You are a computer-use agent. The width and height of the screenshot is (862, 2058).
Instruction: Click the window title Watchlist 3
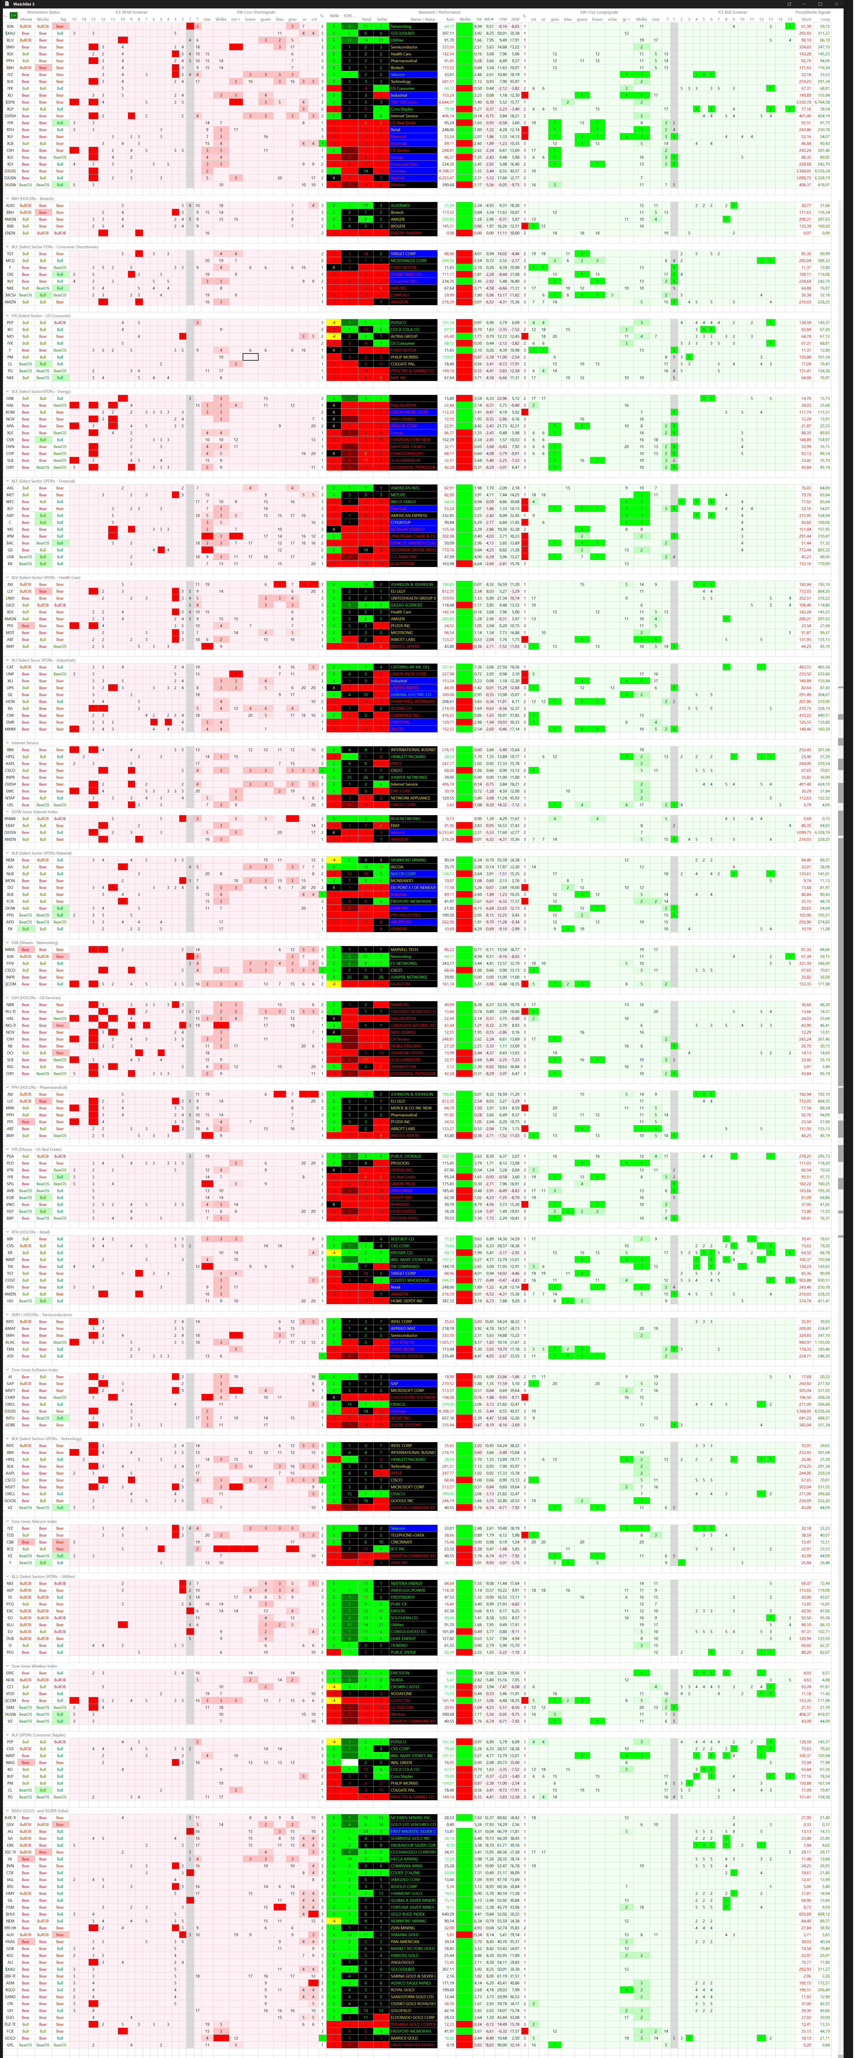coord(24,4)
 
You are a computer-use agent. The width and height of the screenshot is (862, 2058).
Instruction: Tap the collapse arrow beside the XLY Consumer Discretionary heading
coord(8,247)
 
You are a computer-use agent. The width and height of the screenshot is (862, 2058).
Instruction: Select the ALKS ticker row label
coord(10,205)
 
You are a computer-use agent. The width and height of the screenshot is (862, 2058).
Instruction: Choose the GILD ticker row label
coord(10,605)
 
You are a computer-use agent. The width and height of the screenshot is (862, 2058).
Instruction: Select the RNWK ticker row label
coord(10,818)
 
